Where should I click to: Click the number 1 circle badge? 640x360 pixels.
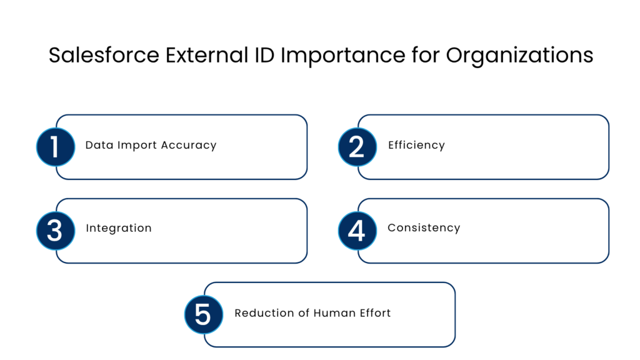click(56, 147)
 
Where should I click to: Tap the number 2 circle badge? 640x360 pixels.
click(357, 147)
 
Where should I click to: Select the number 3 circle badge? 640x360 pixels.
click(56, 231)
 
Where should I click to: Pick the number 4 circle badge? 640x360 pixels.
click(357, 231)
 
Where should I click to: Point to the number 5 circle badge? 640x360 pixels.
click(203, 314)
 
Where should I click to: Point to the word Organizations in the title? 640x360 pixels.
click(519, 55)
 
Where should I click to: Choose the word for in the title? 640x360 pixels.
click(422, 55)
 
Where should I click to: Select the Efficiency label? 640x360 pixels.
click(416, 146)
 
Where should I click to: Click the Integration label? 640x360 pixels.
click(119, 229)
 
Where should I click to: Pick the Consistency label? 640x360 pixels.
click(424, 228)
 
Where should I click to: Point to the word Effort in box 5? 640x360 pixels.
click(374, 313)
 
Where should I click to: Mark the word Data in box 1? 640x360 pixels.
click(97, 145)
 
